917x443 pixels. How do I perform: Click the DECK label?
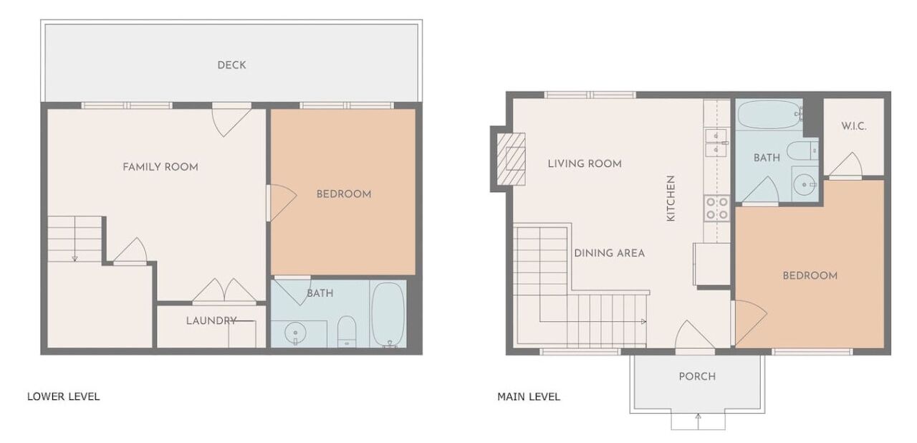(x=231, y=65)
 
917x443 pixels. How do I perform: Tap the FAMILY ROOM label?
(x=160, y=167)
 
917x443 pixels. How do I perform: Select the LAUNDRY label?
(x=211, y=320)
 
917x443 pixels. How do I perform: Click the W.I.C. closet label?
(x=854, y=126)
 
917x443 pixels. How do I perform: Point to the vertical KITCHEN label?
(x=671, y=199)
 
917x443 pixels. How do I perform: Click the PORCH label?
(x=697, y=376)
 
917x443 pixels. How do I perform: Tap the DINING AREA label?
(x=610, y=254)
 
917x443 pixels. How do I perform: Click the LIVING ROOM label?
(x=585, y=163)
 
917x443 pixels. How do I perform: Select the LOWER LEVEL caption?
(x=64, y=396)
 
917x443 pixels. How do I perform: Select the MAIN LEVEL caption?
(x=529, y=396)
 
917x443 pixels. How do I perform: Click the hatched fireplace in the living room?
(x=511, y=159)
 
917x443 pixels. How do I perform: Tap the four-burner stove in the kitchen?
(x=717, y=208)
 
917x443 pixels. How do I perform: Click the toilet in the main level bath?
(x=802, y=151)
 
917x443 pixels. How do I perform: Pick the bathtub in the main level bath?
(x=769, y=114)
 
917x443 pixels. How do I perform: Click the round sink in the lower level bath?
(x=295, y=332)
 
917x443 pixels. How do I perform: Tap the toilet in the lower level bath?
(x=347, y=331)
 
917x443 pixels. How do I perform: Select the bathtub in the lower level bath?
(x=388, y=314)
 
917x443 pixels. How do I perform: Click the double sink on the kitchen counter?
(x=716, y=143)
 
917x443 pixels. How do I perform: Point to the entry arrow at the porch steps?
(x=698, y=421)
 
